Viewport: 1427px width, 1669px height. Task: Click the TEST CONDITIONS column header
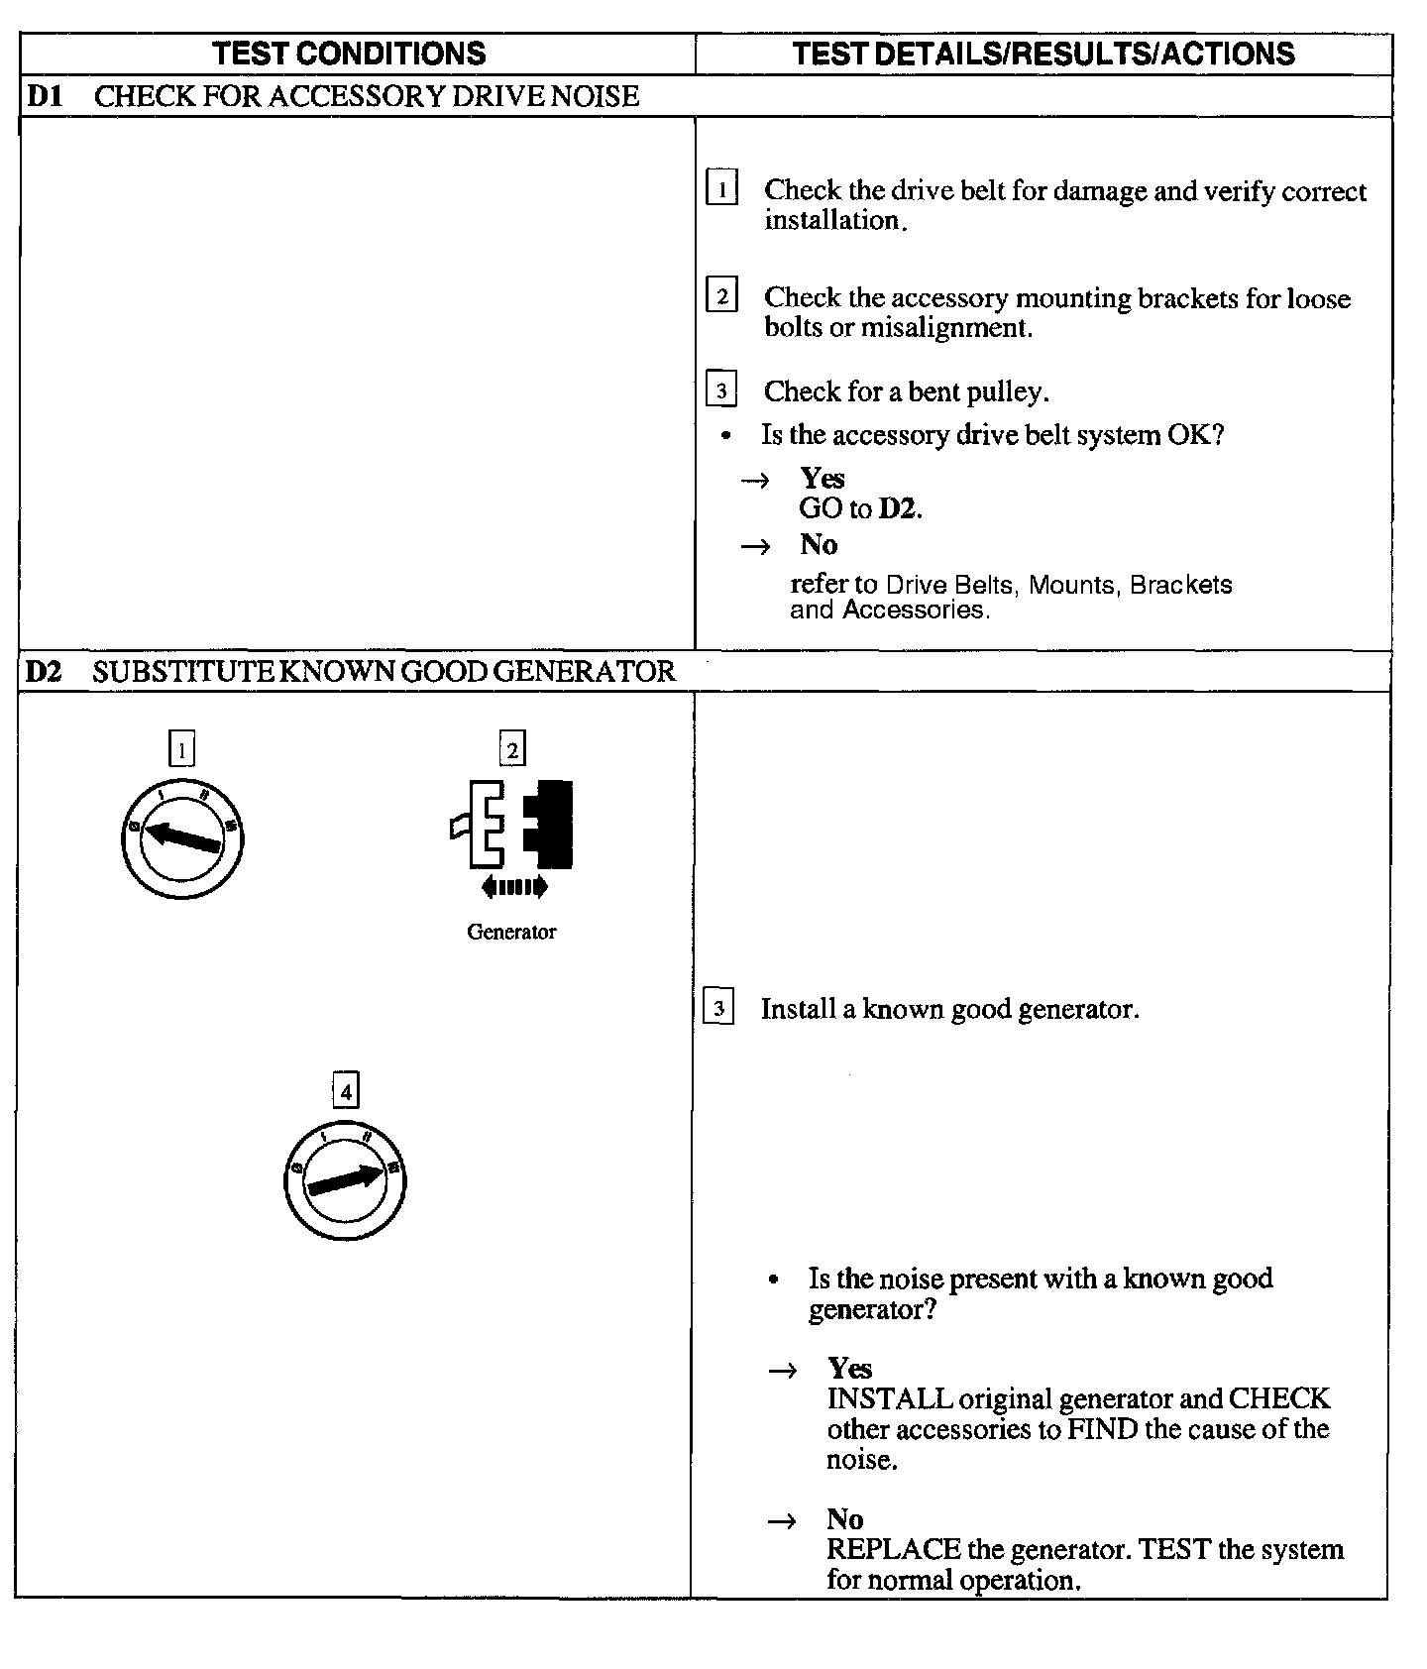(350, 54)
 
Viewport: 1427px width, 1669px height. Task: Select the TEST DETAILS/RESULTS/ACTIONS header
(1043, 54)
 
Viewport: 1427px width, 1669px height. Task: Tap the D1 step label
(44, 96)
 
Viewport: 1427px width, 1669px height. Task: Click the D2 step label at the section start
(44, 672)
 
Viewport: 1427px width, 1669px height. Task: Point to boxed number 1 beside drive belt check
(721, 187)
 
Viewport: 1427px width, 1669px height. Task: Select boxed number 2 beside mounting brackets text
(721, 295)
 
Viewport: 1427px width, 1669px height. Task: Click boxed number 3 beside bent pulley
(721, 389)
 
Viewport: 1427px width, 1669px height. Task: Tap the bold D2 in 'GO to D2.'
(900, 508)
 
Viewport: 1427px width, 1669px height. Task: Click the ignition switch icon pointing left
(182, 839)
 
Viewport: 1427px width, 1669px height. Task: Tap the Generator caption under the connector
(511, 932)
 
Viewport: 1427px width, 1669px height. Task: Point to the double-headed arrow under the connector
(513, 887)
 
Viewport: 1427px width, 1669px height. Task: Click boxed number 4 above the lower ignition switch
(345, 1091)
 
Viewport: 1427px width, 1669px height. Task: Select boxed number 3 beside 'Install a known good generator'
(718, 1009)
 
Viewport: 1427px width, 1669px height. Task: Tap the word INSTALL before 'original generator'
(890, 1398)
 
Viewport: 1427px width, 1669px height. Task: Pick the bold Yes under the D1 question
(823, 479)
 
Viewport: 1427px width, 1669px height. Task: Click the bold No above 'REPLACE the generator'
(845, 1519)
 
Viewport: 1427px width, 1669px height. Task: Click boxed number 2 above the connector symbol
(512, 749)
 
